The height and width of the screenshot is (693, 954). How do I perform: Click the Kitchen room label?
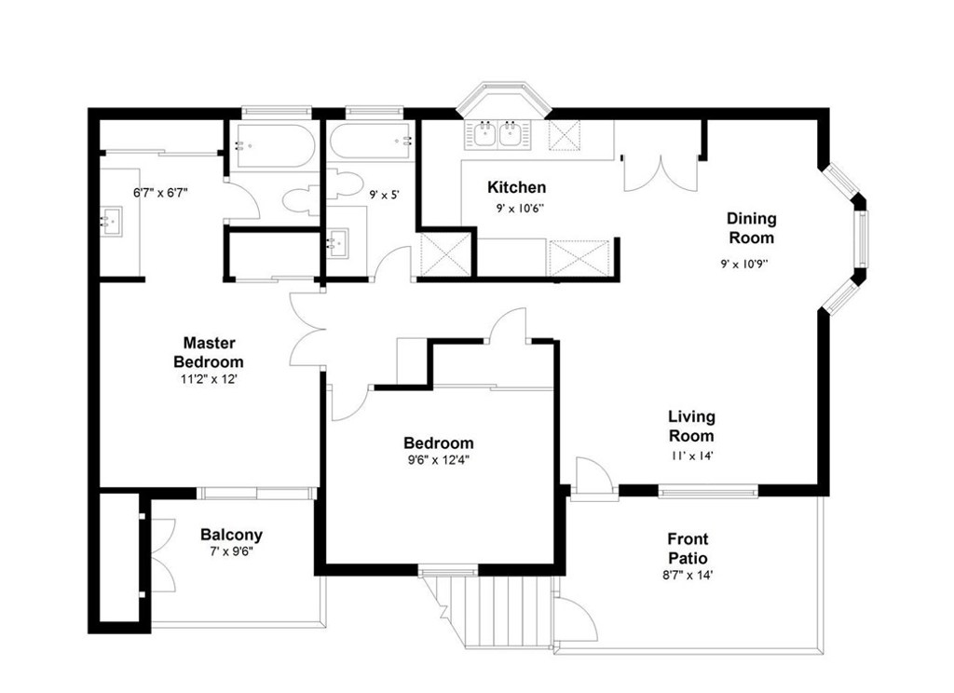click(516, 187)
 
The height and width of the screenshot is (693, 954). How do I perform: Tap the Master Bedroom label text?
click(209, 352)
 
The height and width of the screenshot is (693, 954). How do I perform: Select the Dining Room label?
click(752, 227)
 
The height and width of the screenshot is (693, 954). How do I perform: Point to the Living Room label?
click(692, 426)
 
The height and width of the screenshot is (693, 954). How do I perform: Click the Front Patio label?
click(688, 549)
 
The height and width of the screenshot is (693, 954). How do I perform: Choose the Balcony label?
click(231, 535)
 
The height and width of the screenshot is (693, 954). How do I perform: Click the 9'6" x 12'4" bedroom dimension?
click(439, 460)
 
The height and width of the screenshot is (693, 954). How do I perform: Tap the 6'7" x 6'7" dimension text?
click(160, 193)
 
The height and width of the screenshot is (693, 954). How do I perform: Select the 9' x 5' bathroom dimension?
click(384, 196)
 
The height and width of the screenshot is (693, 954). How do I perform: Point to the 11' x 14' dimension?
click(692, 455)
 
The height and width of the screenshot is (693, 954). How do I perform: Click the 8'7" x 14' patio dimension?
click(688, 575)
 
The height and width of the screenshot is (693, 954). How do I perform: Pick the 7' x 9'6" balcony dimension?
click(231, 551)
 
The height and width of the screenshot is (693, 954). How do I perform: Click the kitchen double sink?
click(498, 134)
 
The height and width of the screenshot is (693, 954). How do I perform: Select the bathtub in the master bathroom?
click(275, 146)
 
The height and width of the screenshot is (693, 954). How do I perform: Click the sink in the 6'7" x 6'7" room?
click(112, 222)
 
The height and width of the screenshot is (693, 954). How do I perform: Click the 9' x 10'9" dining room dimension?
click(744, 264)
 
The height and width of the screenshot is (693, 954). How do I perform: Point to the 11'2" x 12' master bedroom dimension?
click(209, 379)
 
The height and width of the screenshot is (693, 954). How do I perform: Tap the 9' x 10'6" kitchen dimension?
click(520, 209)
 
